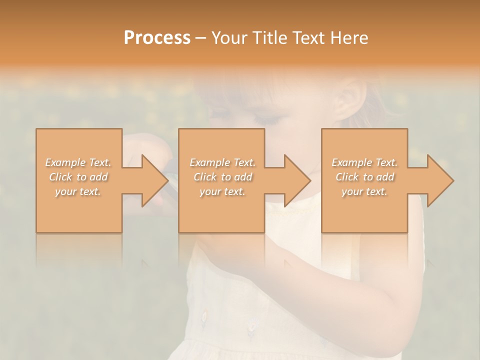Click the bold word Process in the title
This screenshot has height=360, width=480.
[157, 38]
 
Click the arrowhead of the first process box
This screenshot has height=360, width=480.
[154, 180]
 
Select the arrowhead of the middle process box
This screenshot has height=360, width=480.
[296, 180]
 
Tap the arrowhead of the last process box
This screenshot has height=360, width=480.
[439, 180]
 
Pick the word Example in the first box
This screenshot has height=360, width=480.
[65, 162]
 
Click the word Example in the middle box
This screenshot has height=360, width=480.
[209, 162]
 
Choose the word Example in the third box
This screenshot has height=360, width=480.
[351, 162]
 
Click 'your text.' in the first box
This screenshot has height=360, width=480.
[78, 191]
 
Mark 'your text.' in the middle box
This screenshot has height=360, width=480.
[222, 191]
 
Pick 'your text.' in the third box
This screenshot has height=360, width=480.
[364, 191]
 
